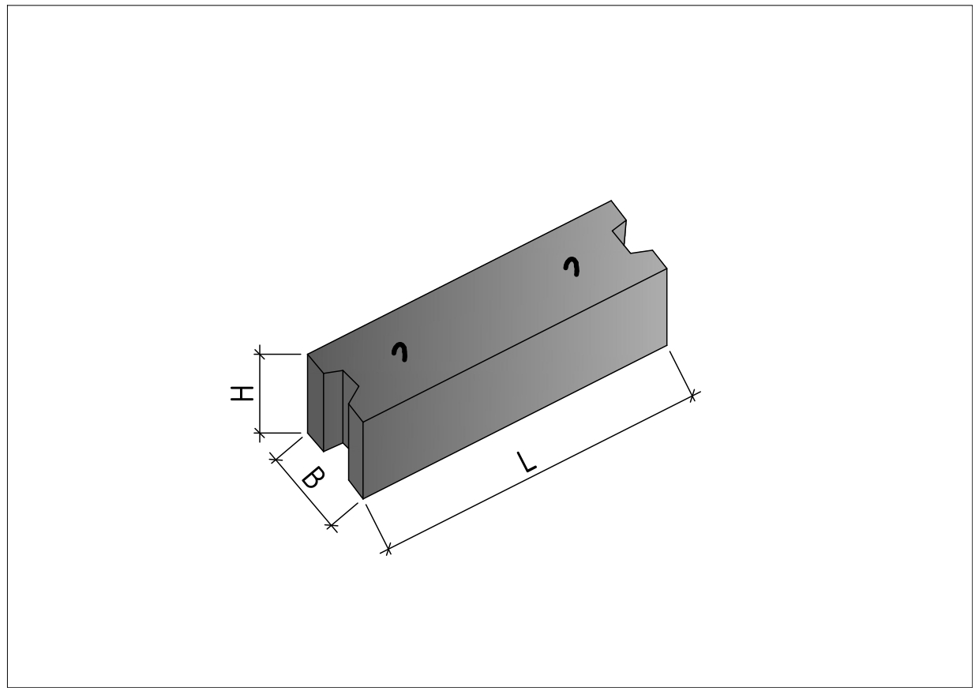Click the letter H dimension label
pyautogui.click(x=242, y=393)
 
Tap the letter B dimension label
pyautogui.click(x=313, y=478)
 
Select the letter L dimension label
pyautogui.click(x=526, y=463)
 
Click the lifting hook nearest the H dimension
pyautogui.click(x=400, y=351)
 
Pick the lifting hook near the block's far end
pyautogui.click(x=572, y=266)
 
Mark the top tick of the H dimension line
pyautogui.click(x=260, y=354)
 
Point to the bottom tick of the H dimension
pyautogui.click(x=260, y=433)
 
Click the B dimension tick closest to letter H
pyautogui.click(x=276, y=459)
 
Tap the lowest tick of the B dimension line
pyautogui.click(x=332, y=526)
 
